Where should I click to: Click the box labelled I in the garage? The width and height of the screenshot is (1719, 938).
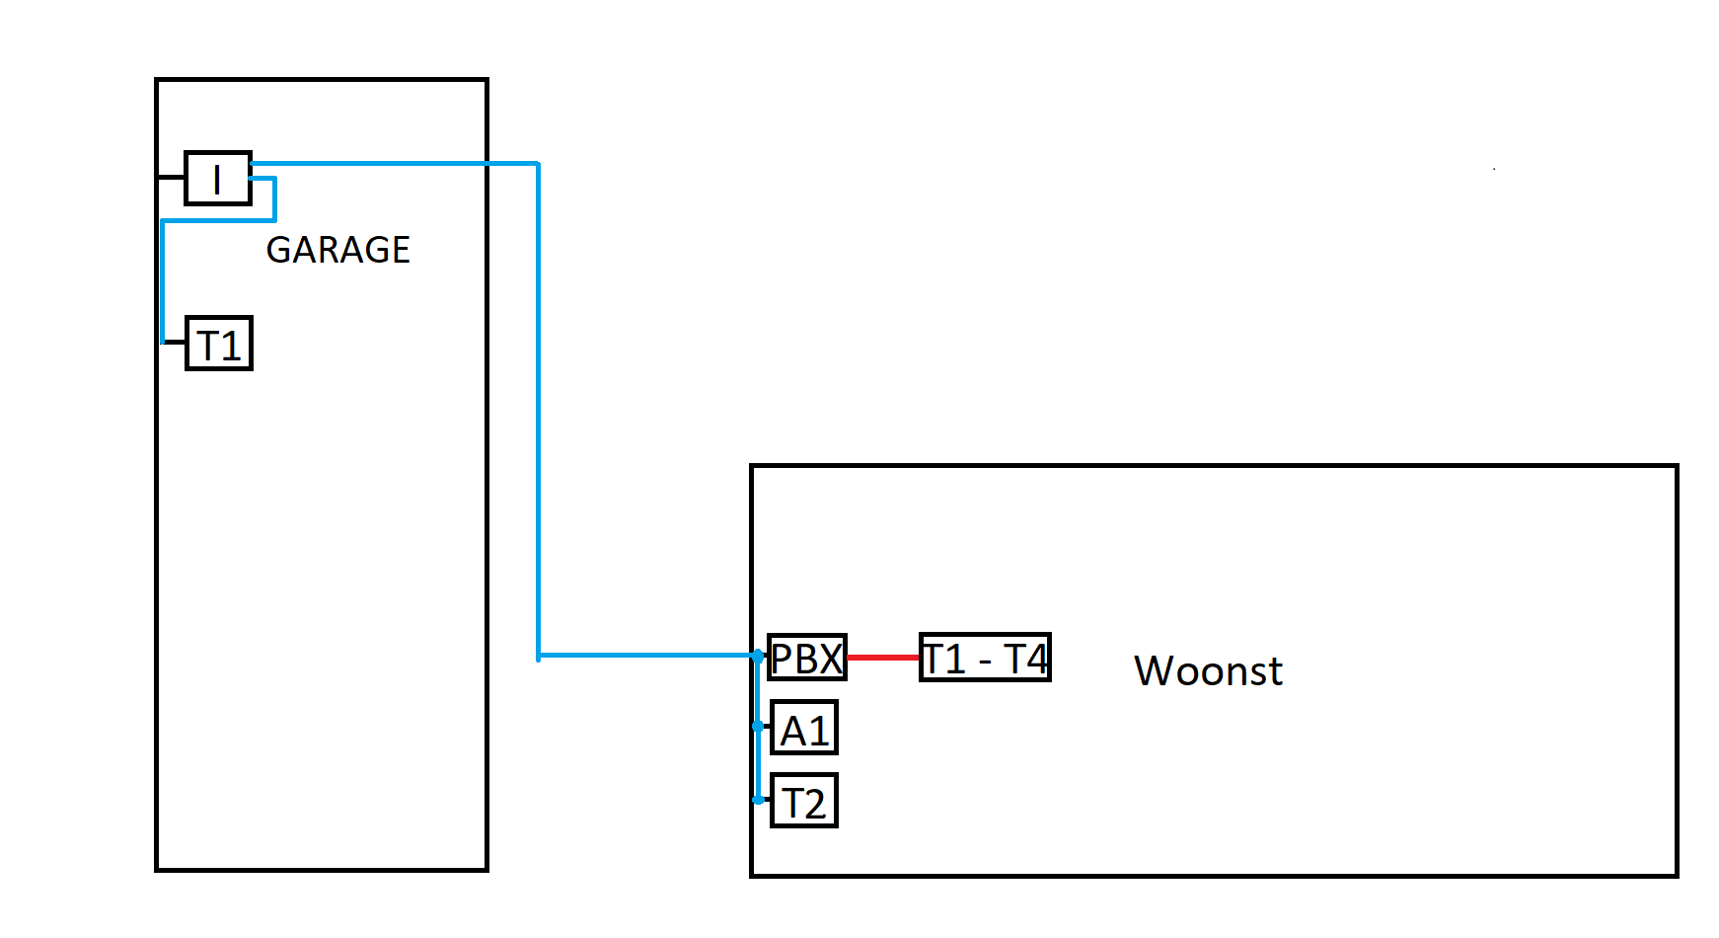pyautogui.click(x=218, y=179)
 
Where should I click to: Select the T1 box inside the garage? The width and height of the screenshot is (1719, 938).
pyautogui.click(x=219, y=344)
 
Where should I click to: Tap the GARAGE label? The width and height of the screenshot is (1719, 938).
pyautogui.click(x=337, y=250)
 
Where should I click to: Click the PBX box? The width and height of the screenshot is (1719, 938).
pyautogui.click(x=807, y=658)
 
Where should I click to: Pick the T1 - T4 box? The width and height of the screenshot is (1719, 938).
pyautogui.click(x=984, y=658)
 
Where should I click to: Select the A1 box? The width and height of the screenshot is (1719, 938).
pyautogui.click(x=804, y=729)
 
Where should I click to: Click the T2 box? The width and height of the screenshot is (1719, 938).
pyautogui.click(x=804, y=801)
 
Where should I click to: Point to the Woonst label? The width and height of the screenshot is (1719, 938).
pyautogui.click(x=1208, y=671)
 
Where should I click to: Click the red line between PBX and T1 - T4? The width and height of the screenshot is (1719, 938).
pyautogui.click(x=883, y=658)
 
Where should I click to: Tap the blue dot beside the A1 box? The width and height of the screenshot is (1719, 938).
pyautogui.click(x=757, y=726)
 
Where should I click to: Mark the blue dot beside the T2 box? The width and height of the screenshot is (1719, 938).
pyautogui.click(x=758, y=800)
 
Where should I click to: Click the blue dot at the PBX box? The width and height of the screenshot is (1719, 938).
pyautogui.click(x=757, y=656)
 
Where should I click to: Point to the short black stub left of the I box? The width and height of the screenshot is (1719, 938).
pyautogui.click(x=171, y=177)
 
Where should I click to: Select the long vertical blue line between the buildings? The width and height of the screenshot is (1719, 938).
pyautogui.click(x=538, y=415)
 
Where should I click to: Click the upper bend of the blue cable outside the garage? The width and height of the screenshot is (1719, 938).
pyautogui.click(x=538, y=164)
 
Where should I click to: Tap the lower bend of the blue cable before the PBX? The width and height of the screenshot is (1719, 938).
pyautogui.click(x=539, y=656)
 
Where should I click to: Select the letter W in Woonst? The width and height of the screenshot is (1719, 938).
pyautogui.click(x=1157, y=671)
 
